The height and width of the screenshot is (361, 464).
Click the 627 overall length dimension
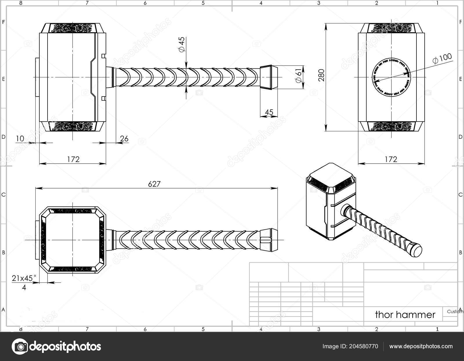[x=154, y=184]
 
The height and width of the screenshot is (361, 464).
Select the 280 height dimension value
[x=322, y=75]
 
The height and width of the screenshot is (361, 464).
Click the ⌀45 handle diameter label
[x=182, y=45]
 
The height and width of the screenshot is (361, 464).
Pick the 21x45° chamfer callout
[x=24, y=278]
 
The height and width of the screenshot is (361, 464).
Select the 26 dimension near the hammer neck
[x=124, y=139]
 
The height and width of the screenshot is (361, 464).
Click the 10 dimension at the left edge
[x=20, y=139]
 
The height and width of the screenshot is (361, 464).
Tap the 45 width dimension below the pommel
[x=269, y=112]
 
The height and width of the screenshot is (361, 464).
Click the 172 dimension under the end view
[x=391, y=159]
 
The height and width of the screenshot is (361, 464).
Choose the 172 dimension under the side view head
[x=73, y=159]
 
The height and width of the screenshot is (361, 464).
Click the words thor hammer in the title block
[x=405, y=315]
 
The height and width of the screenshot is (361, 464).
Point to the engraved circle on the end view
[x=391, y=77]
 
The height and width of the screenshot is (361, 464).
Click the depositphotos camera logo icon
[x=20, y=346]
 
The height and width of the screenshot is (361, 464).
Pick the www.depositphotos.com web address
[x=420, y=346]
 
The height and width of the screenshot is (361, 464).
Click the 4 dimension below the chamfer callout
[x=24, y=288]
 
